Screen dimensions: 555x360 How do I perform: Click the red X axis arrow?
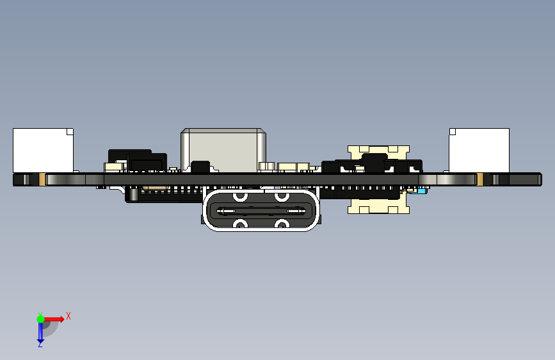point(56,318)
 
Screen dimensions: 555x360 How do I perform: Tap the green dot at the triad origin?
point(40,318)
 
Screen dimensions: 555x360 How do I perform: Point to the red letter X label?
point(68,316)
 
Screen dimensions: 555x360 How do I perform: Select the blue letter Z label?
point(40,345)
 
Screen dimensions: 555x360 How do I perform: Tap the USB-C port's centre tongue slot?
point(261,210)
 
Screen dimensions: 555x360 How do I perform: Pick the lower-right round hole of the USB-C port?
point(281,224)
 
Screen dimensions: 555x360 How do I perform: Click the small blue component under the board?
point(421,190)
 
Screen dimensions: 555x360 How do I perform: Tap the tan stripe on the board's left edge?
point(42,179)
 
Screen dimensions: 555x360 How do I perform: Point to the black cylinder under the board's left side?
point(132,193)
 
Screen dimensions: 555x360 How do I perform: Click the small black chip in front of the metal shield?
point(200,167)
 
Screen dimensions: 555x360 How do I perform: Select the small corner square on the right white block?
point(453,133)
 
